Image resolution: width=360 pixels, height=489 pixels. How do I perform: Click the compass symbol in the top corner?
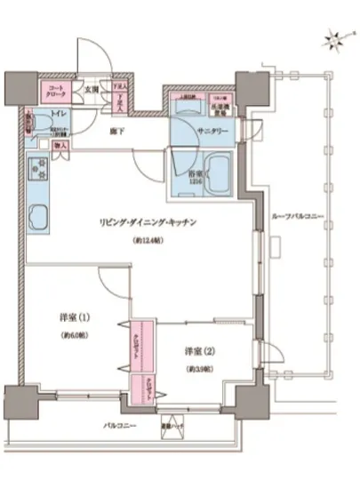click(x=332, y=36)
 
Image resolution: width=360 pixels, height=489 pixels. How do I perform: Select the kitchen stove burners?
click(x=38, y=167)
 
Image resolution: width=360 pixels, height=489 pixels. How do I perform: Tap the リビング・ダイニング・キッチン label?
click(x=148, y=222)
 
